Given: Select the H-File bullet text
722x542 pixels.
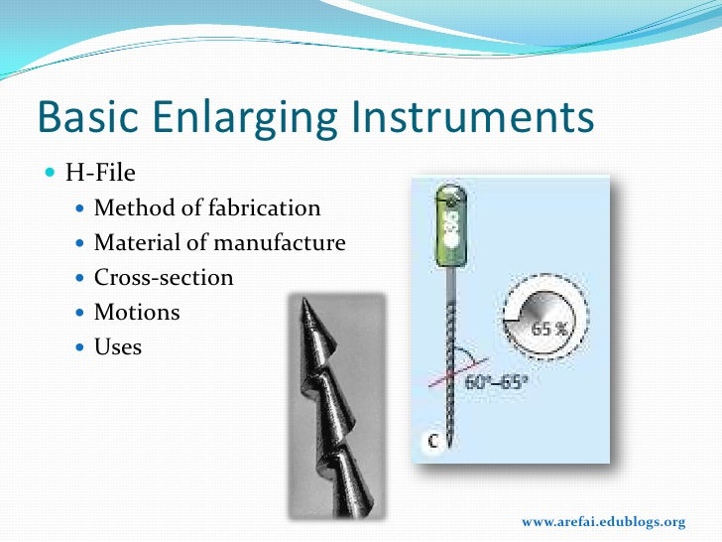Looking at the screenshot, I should coord(100,173).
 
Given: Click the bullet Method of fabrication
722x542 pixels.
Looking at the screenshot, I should coord(207,207).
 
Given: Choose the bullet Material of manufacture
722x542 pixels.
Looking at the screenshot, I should coord(219,242).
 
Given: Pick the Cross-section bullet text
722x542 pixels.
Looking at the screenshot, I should coord(164,277).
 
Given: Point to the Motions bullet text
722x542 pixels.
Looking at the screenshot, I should coord(137,312).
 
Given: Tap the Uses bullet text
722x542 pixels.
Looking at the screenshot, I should coord(118,346).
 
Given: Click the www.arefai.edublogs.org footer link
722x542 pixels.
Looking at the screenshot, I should coord(603,522).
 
